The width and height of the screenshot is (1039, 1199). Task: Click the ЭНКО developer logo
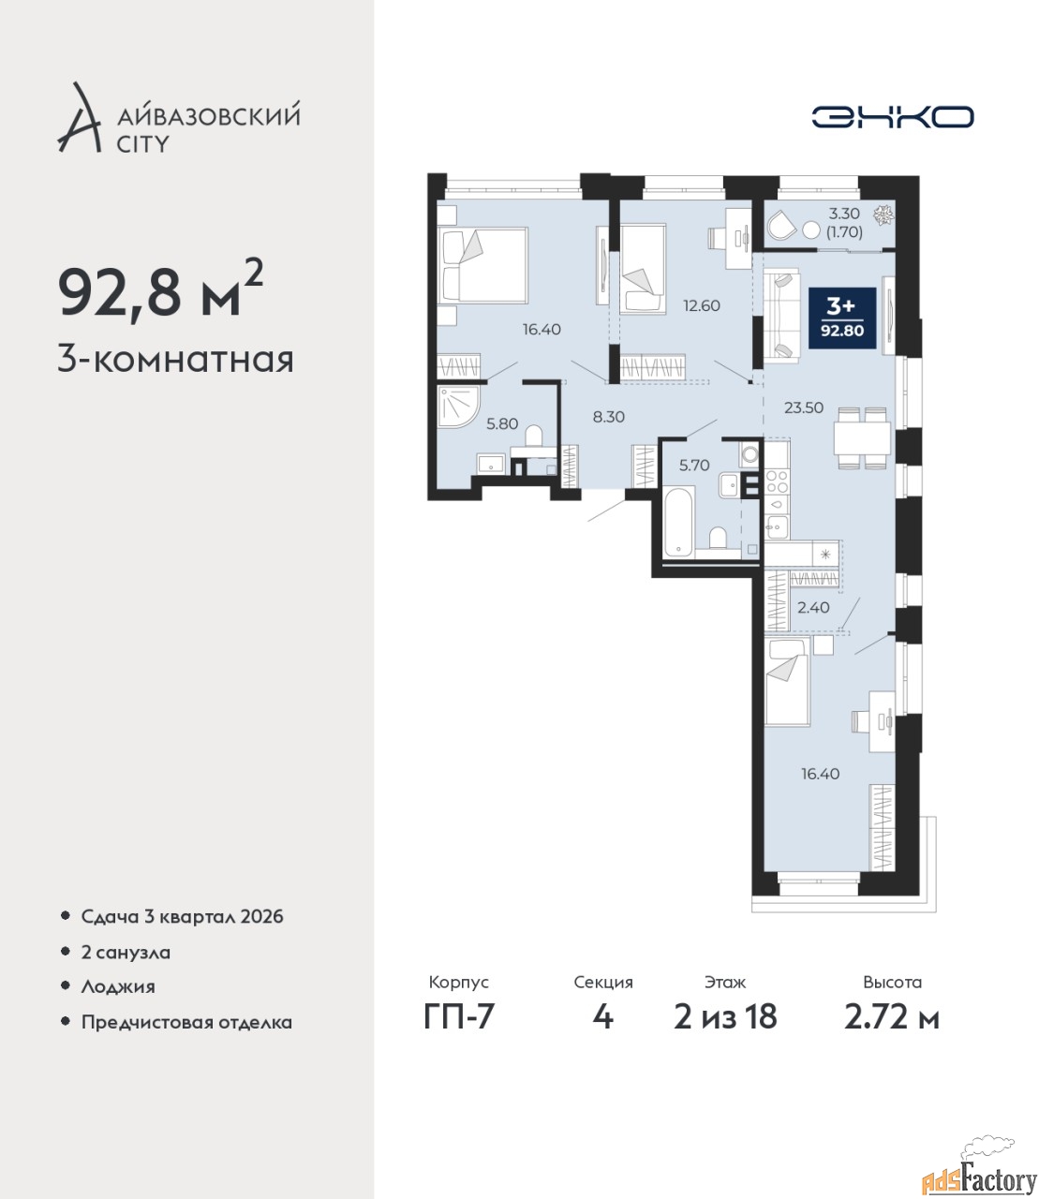(x=892, y=116)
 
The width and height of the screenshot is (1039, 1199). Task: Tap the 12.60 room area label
(x=702, y=305)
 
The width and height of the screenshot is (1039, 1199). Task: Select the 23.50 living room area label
(x=804, y=407)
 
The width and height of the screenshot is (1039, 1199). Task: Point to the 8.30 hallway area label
(x=609, y=417)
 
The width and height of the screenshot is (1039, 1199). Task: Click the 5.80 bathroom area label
(x=502, y=423)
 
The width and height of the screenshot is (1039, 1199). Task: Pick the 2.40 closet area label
(x=813, y=607)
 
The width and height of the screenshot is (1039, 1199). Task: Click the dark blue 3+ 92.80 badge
(x=841, y=318)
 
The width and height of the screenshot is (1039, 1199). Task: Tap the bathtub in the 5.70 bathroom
(x=678, y=522)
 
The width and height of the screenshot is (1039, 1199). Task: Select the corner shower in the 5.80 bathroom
(x=459, y=407)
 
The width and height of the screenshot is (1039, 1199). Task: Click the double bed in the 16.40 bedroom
(x=482, y=265)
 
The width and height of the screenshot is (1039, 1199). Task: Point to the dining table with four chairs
(x=862, y=438)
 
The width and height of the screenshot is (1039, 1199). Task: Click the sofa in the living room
(x=781, y=316)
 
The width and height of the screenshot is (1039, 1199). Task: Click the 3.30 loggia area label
(x=844, y=214)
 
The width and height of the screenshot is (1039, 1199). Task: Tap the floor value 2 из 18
(x=725, y=1017)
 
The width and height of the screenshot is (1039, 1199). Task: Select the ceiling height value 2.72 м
(x=892, y=1017)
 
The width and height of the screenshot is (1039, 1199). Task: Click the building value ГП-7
(x=458, y=1017)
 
